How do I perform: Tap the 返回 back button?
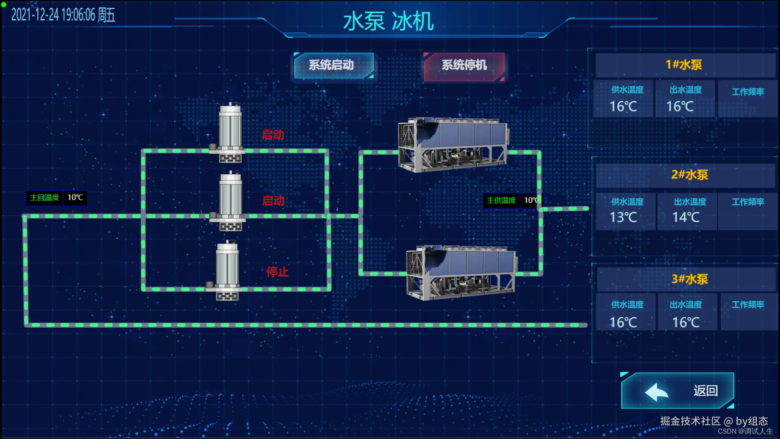(677, 391)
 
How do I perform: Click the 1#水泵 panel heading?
(684, 65)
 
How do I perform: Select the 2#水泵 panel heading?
(689, 175)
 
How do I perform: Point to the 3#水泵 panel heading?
(689, 279)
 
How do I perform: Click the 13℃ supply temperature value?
(623, 217)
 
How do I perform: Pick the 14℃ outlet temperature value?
(686, 217)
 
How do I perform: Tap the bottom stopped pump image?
(227, 270)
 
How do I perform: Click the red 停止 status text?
(277, 272)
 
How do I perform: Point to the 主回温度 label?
(45, 198)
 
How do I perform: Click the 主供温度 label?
(501, 200)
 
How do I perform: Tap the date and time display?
(63, 15)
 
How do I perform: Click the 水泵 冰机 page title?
(388, 21)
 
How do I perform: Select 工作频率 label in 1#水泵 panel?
(748, 92)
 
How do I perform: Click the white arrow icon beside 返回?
(656, 392)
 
